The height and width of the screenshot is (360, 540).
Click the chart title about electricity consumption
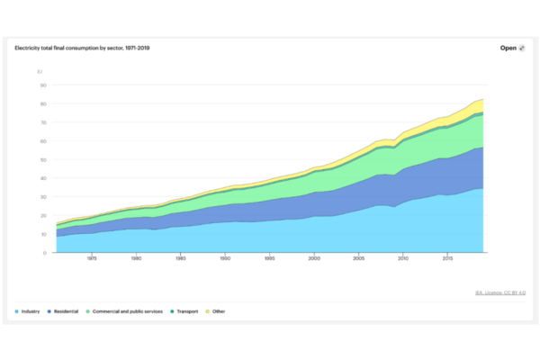pyautogui.click(x=82, y=48)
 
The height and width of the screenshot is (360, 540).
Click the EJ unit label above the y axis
pyautogui.click(x=40, y=71)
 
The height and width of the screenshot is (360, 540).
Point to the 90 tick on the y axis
pyautogui.click(x=41, y=85)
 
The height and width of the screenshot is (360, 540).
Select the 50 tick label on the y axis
pyautogui.click(x=41, y=160)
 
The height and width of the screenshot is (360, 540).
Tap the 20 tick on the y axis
pyautogui.click(x=41, y=216)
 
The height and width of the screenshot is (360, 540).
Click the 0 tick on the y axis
pyautogui.click(x=43, y=253)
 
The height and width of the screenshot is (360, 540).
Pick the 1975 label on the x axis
pyautogui.click(x=91, y=259)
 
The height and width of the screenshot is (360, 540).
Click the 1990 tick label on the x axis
pyautogui.click(x=225, y=259)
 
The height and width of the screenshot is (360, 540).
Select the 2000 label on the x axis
pyautogui.click(x=314, y=259)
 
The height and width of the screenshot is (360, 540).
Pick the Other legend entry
pyautogui.click(x=219, y=310)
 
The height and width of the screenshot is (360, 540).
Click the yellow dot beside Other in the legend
pyautogui.click(x=209, y=310)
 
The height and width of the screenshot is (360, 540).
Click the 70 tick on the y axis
pyautogui.click(x=41, y=123)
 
